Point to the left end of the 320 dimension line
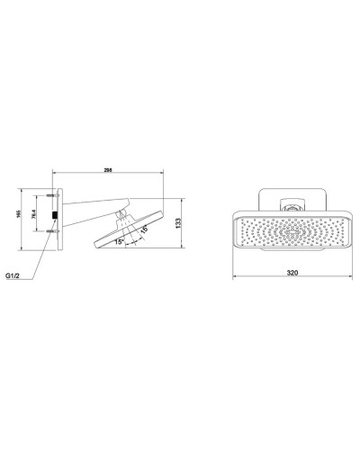click(234, 273)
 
